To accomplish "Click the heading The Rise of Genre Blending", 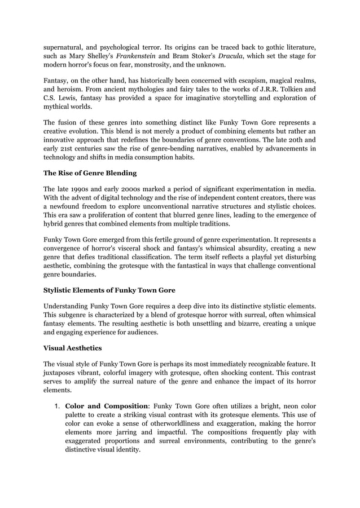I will click(90, 173).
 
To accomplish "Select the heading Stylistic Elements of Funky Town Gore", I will click(109, 290).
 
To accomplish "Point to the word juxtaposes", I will click(64, 373).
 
